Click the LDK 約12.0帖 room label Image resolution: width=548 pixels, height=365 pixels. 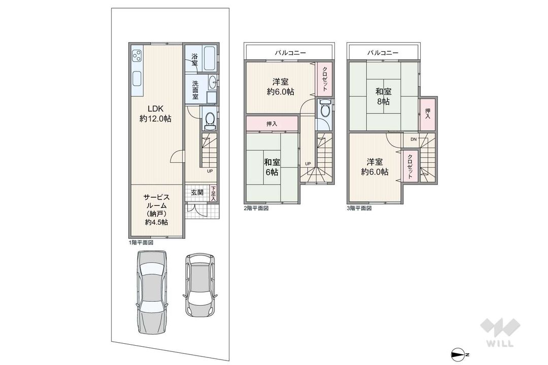pos(156,114)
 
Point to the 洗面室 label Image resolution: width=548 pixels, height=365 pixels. pos(195,90)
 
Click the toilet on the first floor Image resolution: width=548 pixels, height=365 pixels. pos(210,119)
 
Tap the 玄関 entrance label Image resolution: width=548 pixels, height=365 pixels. pos(197,193)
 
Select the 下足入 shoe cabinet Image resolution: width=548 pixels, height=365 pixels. pos(213,193)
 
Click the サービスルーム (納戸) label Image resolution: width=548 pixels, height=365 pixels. pos(157,209)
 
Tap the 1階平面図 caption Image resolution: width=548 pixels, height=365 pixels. pos(141,242)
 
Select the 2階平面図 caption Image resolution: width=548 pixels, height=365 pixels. pos(256,208)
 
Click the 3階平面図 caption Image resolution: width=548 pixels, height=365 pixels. pos(359,208)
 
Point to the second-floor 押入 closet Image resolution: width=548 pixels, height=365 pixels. pos(272,123)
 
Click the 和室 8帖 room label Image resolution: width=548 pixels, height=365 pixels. pos(384,97)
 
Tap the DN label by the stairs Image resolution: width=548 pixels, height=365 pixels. pos(414,139)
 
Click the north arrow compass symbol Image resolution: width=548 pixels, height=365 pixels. pos(460,354)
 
